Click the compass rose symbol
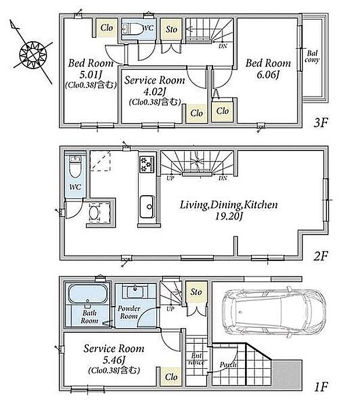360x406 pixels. click(x=33, y=55)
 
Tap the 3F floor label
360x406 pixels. click(x=321, y=123)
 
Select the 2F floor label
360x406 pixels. click(x=321, y=256)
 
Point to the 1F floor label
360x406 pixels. click(x=321, y=387)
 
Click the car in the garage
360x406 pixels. click(x=274, y=311)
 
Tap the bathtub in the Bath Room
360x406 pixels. click(x=88, y=294)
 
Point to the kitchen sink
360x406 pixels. click(x=147, y=207)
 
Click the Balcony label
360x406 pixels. click(x=312, y=57)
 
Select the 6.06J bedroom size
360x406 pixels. click(x=268, y=75)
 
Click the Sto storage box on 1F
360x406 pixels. click(x=196, y=292)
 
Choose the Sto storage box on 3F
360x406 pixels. click(x=171, y=29)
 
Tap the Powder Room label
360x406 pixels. click(x=129, y=312)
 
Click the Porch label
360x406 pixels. click(x=228, y=365)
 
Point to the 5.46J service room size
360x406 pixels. click(x=114, y=360)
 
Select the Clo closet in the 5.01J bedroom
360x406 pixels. click(x=107, y=27)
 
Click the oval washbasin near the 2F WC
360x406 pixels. click(x=93, y=213)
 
